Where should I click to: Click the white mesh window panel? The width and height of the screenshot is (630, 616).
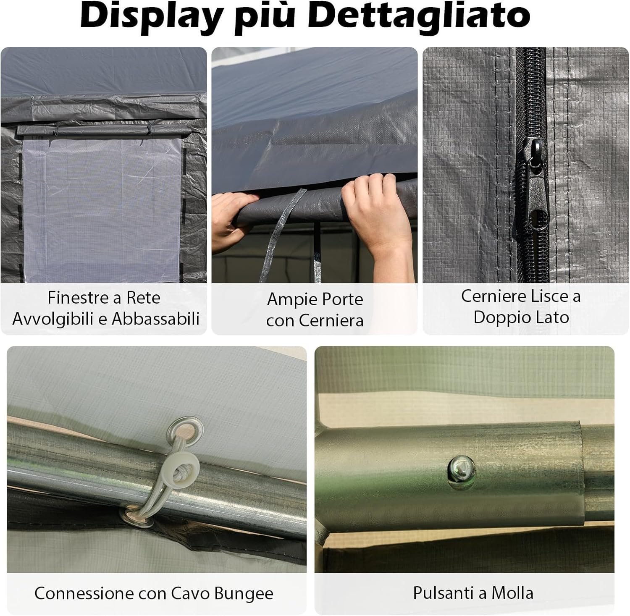click(x=103, y=210)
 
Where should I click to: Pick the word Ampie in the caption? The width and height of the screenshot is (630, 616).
click(x=285, y=299)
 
